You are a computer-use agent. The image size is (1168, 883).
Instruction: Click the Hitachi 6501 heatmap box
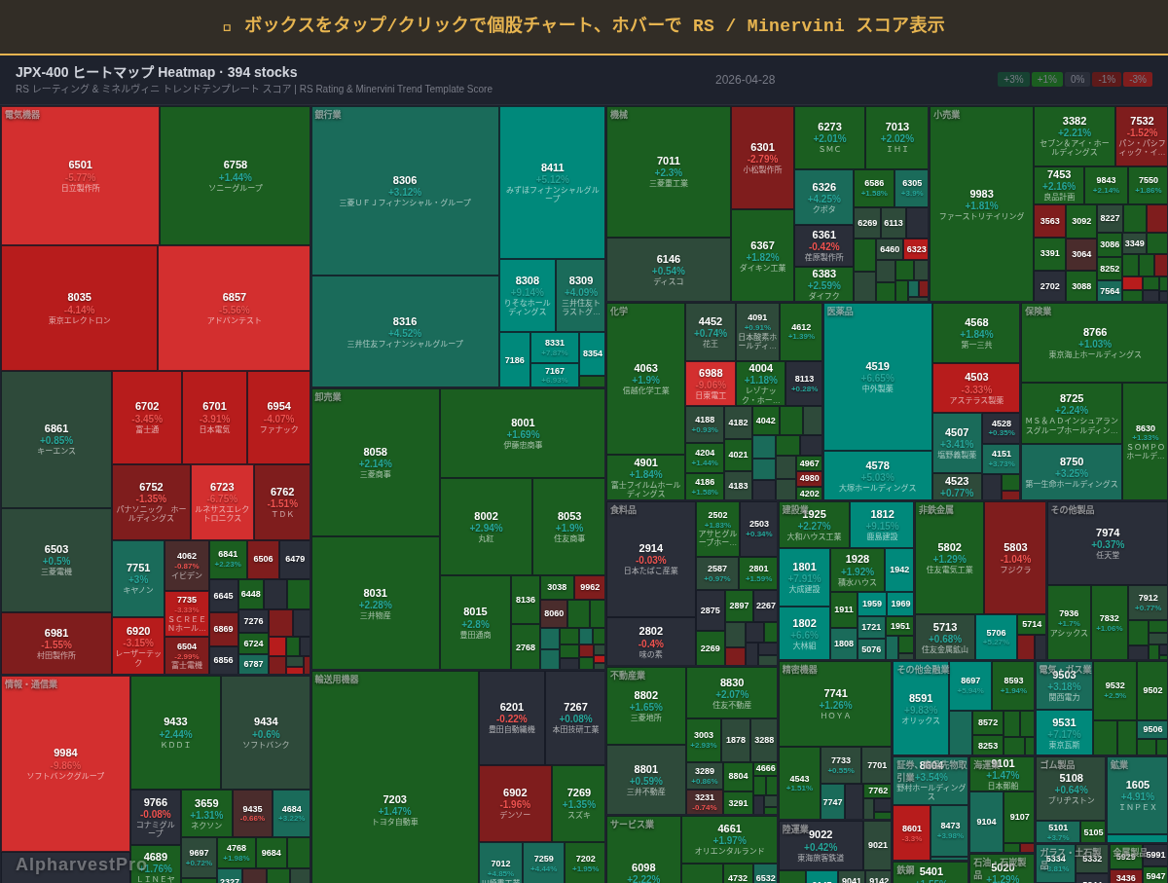pos(80,175)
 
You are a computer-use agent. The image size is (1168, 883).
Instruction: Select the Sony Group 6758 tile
pos(235,175)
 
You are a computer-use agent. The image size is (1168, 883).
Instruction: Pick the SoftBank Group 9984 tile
pos(65,764)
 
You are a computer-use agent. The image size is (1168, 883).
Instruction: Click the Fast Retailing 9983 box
pos(981,204)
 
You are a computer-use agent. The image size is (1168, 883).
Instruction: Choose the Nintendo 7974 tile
pos(1107,541)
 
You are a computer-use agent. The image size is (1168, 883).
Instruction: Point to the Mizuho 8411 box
pos(552,181)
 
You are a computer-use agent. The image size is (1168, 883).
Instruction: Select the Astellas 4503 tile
pos(976,387)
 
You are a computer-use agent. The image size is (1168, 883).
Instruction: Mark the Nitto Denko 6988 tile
pos(711,384)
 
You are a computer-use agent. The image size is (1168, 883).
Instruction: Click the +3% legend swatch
pos(1013,80)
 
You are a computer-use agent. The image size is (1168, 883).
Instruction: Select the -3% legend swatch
pos(1138,80)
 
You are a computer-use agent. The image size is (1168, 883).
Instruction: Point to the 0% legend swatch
pos(1077,80)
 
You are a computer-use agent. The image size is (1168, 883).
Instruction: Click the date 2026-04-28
pos(745,80)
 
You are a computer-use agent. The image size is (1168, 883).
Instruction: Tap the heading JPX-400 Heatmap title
pos(156,72)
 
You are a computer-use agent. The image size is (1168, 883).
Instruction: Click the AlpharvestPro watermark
pos(81,864)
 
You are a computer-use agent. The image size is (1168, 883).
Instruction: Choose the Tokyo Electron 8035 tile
pos(79,308)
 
